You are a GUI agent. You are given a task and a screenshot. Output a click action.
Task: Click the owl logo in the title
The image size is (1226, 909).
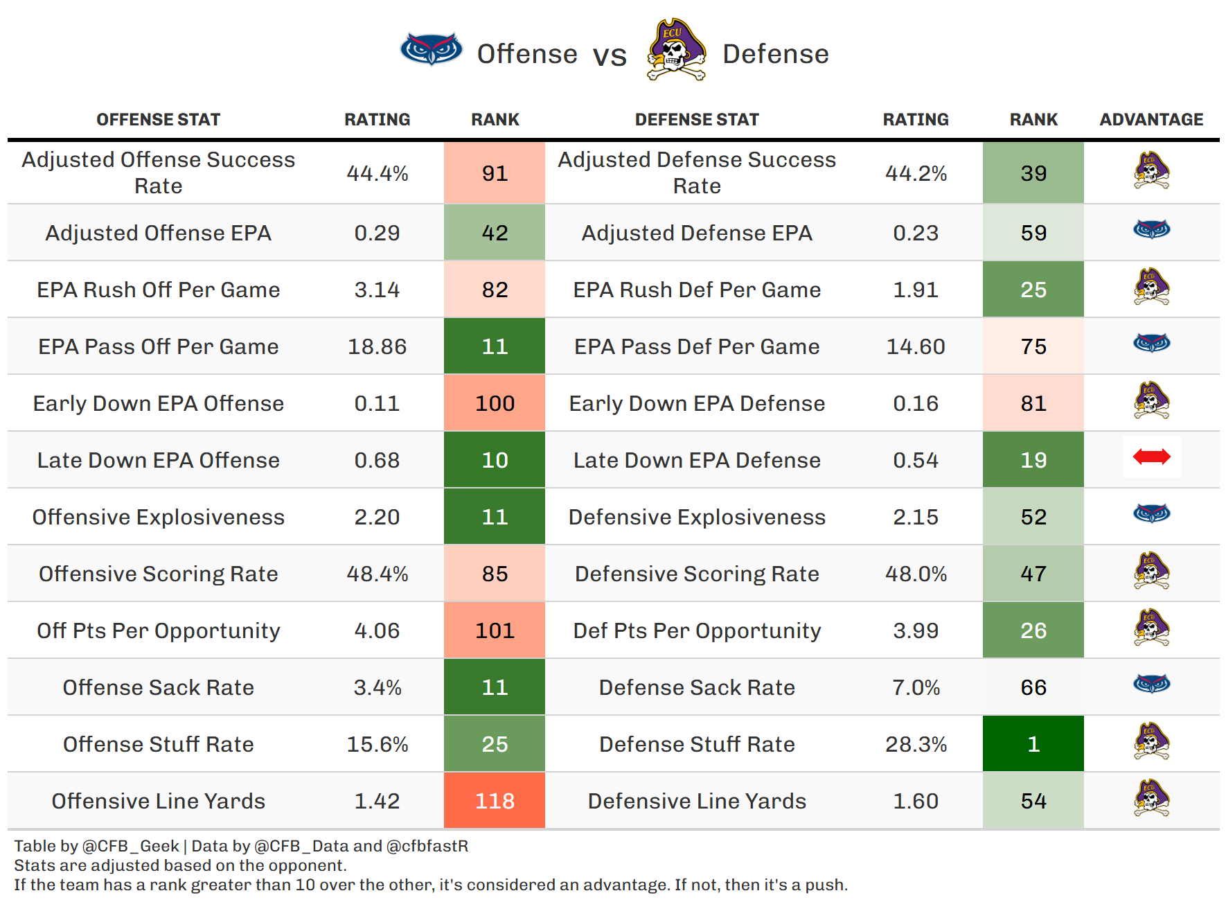(431, 49)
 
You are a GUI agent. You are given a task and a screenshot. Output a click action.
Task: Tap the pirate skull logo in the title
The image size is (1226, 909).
(675, 50)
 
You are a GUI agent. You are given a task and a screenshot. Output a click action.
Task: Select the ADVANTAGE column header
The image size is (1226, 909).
(1151, 120)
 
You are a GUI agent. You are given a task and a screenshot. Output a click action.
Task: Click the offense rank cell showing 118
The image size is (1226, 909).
(495, 801)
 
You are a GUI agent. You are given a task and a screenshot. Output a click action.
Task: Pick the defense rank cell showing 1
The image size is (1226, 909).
(1033, 744)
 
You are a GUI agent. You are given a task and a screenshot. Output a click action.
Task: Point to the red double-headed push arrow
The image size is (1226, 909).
(1151, 457)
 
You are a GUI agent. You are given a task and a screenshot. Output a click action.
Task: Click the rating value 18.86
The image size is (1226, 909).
(377, 346)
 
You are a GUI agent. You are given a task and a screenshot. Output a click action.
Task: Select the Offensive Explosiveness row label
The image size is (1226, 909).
(159, 517)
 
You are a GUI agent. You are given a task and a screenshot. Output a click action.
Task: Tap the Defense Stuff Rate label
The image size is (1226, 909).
(697, 744)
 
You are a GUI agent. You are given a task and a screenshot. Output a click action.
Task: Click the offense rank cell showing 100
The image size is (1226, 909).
(495, 403)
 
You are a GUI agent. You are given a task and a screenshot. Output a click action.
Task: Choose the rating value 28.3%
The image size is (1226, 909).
(916, 744)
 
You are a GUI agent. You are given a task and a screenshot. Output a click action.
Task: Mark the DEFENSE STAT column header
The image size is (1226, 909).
(697, 120)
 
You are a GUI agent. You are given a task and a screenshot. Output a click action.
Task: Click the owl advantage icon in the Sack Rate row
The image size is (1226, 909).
(1151, 685)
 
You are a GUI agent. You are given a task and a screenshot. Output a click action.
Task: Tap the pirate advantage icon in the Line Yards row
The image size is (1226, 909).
(1151, 798)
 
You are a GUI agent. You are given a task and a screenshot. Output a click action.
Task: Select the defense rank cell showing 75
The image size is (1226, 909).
(1033, 346)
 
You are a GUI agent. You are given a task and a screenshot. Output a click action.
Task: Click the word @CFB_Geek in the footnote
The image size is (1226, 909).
(131, 846)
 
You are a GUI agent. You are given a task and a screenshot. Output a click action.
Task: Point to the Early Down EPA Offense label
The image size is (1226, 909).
(159, 403)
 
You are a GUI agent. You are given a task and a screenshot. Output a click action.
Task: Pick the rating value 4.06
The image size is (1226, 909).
(377, 630)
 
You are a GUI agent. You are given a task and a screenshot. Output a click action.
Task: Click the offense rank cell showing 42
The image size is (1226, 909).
(495, 233)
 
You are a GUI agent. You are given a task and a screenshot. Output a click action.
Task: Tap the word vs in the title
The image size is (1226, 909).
(610, 55)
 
